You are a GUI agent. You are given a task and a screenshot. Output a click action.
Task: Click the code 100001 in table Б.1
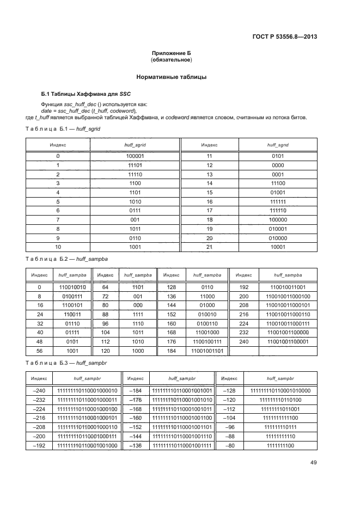[135, 156]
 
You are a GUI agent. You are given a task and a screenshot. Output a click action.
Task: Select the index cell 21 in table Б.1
[209, 247]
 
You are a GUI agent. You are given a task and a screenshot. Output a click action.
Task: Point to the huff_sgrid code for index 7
[135, 219]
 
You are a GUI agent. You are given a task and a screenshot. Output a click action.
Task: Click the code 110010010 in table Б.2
[69, 286]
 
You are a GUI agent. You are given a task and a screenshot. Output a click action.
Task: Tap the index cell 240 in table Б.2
[243, 341]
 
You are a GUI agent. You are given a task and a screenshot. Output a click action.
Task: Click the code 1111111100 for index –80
[280, 446]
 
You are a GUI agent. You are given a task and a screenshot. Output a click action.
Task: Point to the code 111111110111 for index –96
[280, 427]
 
